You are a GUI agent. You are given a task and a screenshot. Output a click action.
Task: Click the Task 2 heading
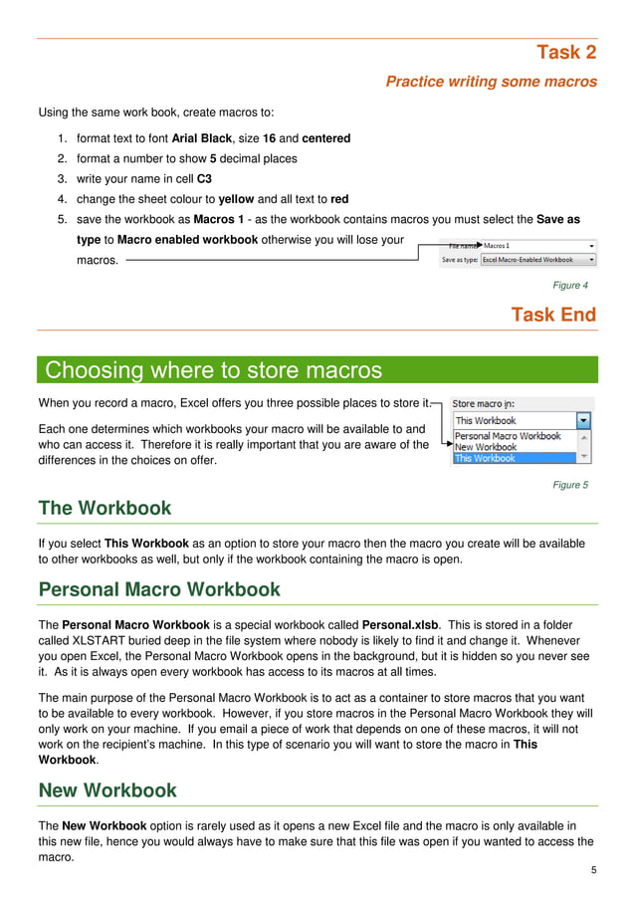565,53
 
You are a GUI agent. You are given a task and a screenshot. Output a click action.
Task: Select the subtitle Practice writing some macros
491,82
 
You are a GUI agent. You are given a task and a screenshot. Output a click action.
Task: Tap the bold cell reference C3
205,179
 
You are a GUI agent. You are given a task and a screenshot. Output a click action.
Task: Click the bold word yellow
236,199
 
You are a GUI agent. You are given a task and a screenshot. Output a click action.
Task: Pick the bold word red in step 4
339,199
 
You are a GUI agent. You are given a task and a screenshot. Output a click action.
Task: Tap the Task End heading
553,315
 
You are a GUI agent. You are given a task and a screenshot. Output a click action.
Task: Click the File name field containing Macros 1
537,245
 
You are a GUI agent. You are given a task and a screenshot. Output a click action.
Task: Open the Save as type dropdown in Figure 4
537,260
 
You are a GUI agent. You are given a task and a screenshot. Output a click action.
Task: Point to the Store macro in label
485,404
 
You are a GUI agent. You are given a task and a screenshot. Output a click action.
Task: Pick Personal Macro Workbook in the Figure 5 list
508,436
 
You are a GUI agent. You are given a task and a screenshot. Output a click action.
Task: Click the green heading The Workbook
105,509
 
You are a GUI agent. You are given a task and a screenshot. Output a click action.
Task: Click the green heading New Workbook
107,790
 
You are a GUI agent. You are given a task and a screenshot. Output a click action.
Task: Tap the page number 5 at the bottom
593,871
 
